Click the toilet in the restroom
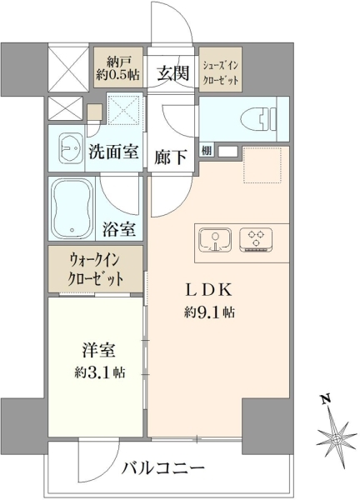point(258,119)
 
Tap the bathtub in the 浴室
point(72,208)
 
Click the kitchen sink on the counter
point(215,240)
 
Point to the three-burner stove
point(256,239)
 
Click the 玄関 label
point(172,73)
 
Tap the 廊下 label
point(170,157)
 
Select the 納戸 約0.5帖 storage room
point(117,67)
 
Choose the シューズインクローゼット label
point(221,72)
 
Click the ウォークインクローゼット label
point(95,270)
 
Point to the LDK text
point(208,291)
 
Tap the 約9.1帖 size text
point(209,312)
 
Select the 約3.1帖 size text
point(100,372)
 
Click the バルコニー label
point(163,468)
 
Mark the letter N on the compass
point(325,399)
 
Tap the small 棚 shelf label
point(207,151)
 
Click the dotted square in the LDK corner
point(262,165)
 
